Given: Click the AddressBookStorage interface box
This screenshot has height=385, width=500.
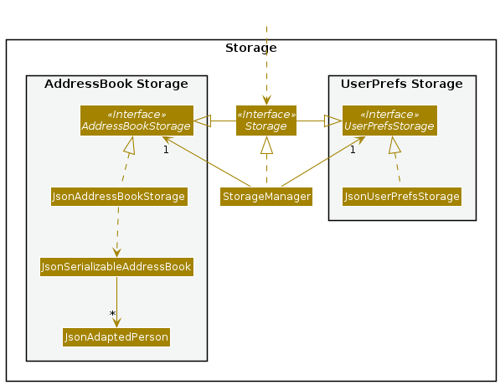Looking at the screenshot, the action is (x=137, y=121).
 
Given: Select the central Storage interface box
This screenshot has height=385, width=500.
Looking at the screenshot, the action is (x=266, y=121).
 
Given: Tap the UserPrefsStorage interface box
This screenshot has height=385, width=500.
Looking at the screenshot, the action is (x=389, y=121).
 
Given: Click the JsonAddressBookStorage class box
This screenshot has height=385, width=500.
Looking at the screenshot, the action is (x=119, y=197).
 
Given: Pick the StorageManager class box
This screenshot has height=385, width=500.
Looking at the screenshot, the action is (x=266, y=197).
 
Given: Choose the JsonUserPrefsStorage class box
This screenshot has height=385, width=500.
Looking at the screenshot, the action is (x=402, y=197).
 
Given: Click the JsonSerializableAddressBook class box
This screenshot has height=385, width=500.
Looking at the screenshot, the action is (x=116, y=267).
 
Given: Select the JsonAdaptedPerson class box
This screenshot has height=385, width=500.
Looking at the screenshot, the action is (x=116, y=337).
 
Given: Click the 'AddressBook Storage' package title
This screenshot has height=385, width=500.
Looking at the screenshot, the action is (x=116, y=84).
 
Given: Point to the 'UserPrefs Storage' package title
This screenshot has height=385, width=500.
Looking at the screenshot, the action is (x=402, y=84).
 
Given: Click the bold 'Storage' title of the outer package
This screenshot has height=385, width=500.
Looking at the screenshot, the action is (x=251, y=49).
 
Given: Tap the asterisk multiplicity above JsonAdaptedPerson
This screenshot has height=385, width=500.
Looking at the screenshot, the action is (x=112, y=314).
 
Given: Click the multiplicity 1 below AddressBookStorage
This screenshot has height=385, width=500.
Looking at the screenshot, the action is (x=166, y=150).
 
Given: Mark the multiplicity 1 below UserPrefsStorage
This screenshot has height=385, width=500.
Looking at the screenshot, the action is (x=353, y=150).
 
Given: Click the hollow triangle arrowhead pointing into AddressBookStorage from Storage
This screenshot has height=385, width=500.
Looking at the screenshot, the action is (x=202, y=121).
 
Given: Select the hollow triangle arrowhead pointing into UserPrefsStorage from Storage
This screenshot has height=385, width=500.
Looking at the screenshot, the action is (x=333, y=121).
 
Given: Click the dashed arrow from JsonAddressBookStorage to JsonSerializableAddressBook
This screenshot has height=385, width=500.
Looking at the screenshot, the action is (x=117, y=232).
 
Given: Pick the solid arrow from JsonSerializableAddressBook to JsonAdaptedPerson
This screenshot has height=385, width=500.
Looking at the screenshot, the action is (x=116, y=302).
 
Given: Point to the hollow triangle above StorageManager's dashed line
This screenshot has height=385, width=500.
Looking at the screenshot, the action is (x=266, y=145).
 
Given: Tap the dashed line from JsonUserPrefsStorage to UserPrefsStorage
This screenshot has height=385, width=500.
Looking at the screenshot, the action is (x=397, y=167).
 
